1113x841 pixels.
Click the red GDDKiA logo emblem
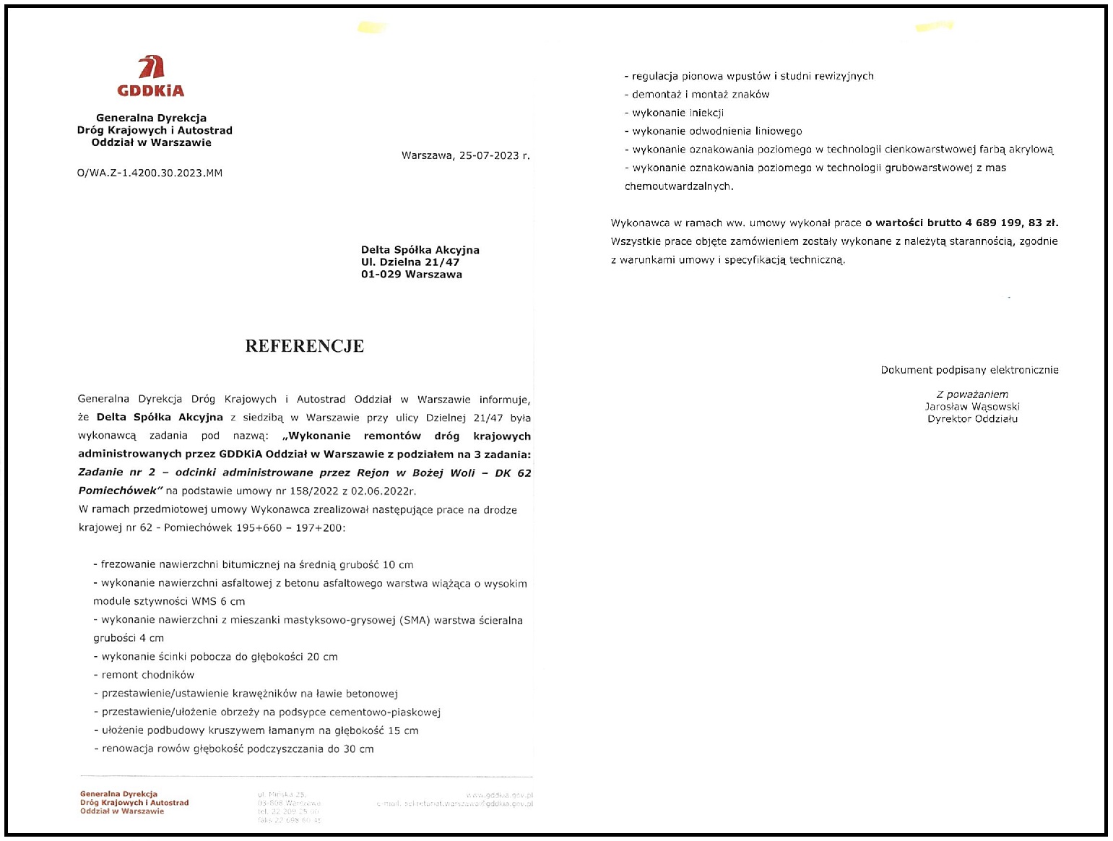[152, 67]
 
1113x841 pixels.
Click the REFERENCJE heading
[304, 346]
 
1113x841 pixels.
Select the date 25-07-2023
[489, 155]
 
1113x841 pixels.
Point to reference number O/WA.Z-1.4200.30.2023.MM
[150, 173]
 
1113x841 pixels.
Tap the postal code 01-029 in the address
[381, 275]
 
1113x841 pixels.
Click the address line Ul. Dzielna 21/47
[410, 262]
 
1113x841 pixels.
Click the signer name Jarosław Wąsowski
[972, 407]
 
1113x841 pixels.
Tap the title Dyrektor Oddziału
[972, 419]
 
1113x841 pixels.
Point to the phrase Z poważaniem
[972, 394]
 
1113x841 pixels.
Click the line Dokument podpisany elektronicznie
[969, 370]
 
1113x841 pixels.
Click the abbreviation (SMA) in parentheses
[415, 620]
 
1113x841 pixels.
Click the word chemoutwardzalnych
[678, 186]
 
